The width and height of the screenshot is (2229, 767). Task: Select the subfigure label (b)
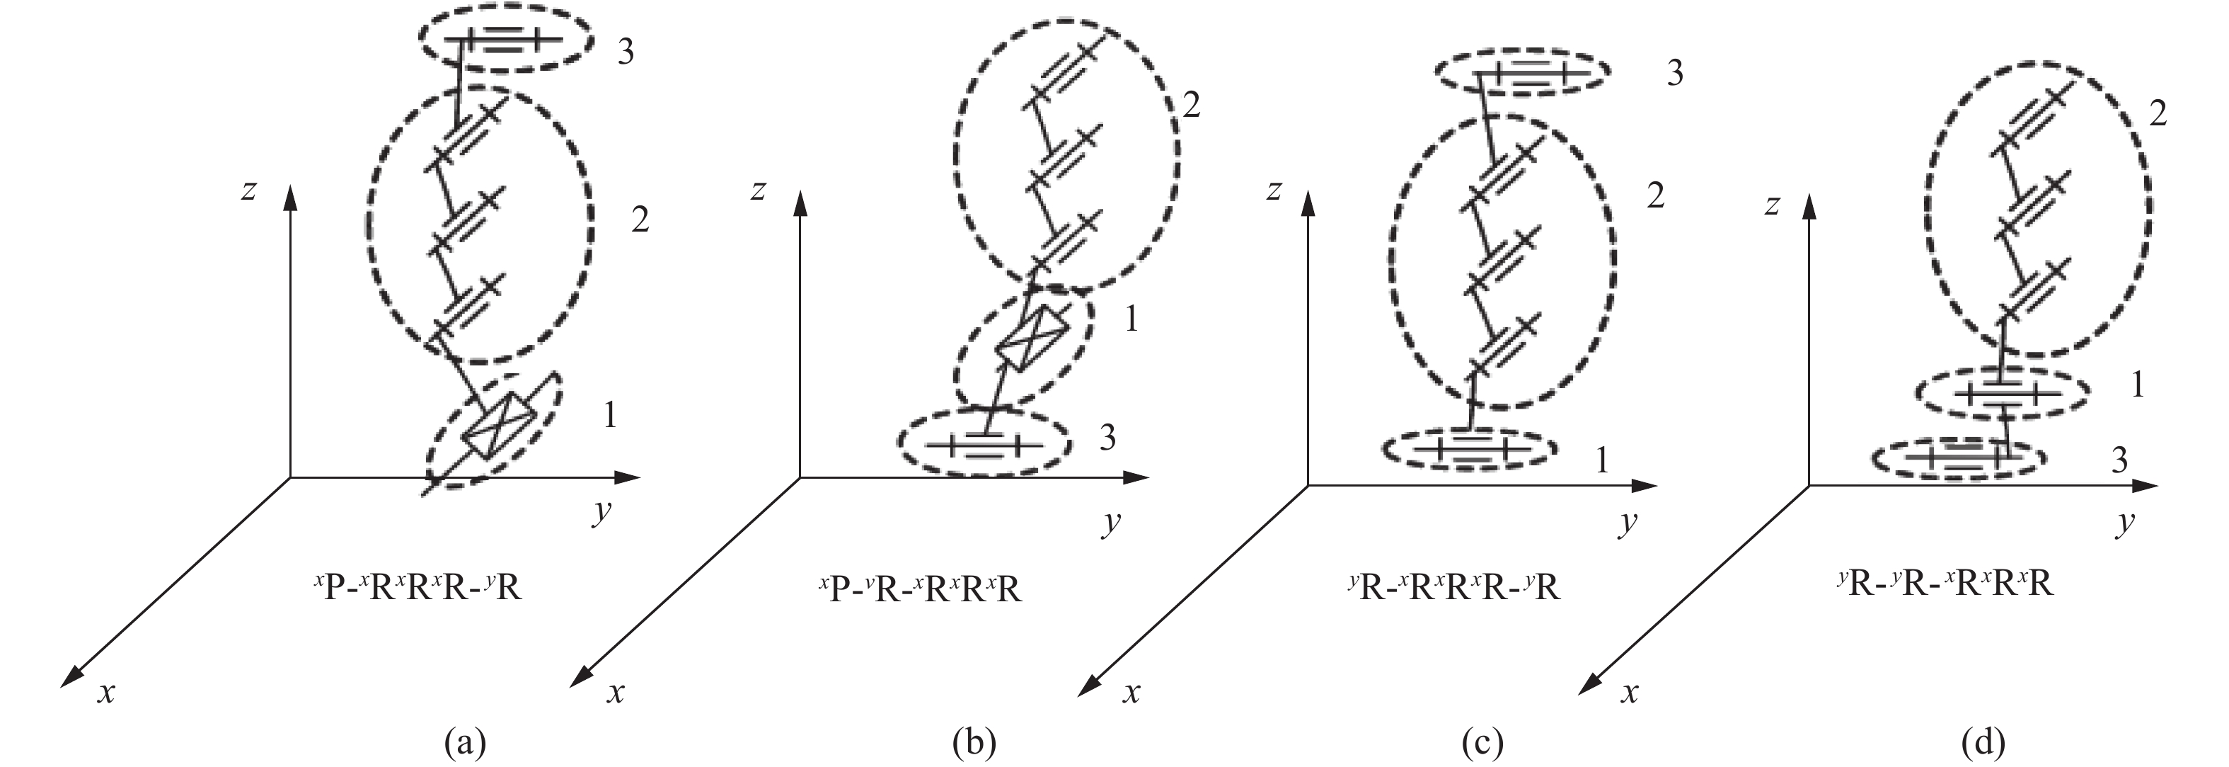click(974, 743)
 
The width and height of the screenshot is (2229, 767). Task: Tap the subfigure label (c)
click(1480, 743)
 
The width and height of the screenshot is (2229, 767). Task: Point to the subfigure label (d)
click(1983, 743)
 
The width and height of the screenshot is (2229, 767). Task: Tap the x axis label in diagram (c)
click(1131, 692)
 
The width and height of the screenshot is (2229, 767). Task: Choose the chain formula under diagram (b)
click(920, 589)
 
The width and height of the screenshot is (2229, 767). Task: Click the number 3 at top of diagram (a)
click(625, 52)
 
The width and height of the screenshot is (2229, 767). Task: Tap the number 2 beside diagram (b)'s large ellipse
click(1192, 106)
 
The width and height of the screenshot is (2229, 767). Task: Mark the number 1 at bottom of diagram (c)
click(1601, 460)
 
